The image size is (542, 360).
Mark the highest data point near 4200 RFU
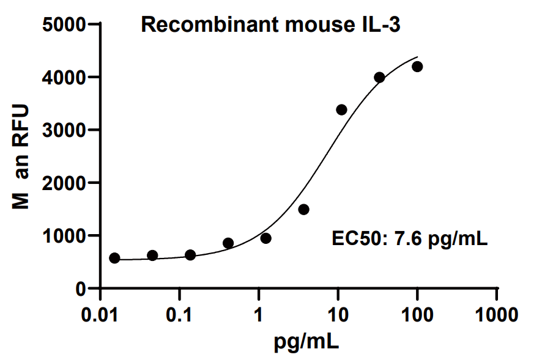point(417,67)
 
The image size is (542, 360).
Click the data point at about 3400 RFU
point(341,109)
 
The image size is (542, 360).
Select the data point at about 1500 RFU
point(303,210)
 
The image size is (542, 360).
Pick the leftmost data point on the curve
point(114,258)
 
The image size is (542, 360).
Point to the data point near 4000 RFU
point(379,77)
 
